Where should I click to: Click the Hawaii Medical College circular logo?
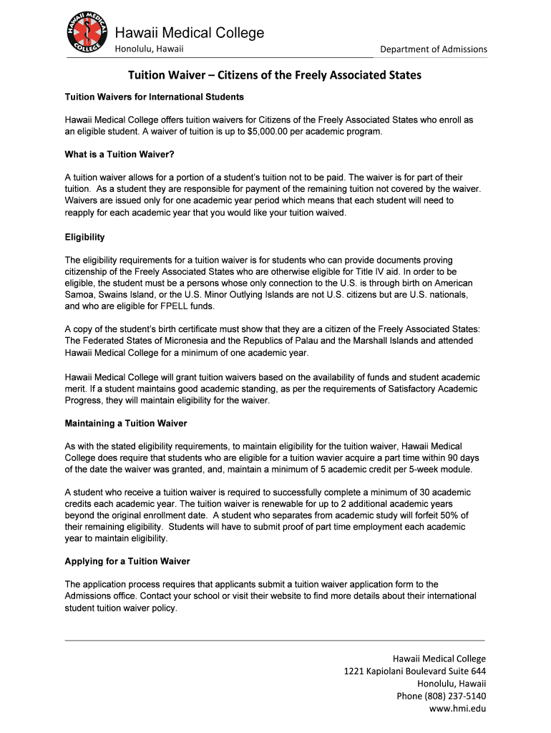coord(88,33)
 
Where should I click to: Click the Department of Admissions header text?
coord(433,49)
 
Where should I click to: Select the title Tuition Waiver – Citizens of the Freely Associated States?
coord(275,75)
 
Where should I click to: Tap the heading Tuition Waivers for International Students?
coord(155,97)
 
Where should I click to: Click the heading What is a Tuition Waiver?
coord(120,154)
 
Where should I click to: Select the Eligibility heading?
coord(85,238)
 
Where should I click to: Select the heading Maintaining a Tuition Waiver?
coord(126,423)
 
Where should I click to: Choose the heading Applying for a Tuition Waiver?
coord(127,561)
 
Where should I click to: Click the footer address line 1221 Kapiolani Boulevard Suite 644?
coord(415,671)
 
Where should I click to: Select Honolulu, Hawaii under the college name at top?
coord(150,49)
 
